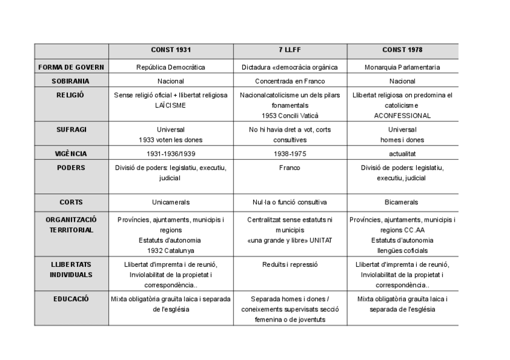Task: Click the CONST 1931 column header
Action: pyautogui.click(x=171, y=50)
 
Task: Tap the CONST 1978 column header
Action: pyautogui.click(x=402, y=50)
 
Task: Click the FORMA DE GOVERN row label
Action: pyautogui.click(x=71, y=67)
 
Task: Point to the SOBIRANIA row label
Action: pyautogui.click(x=71, y=81)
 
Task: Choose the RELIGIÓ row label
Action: pyautogui.click(x=71, y=95)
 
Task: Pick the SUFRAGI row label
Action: pyautogui.click(x=71, y=129)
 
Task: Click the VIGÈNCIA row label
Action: pyautogui.click(x=71, y=154)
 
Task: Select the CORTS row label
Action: pyautogui.click(x=71, y=202)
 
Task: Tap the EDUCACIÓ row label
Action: pyautogui.click(x=71, y=298)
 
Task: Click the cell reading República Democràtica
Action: pyautogui.click(x=171, y=67)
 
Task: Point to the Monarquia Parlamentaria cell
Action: pyautogui.click(x=402, y=67)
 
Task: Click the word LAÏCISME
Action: pyautogui.click(x=171, y=105)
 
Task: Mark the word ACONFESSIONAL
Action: pyautogui.click(x=402, y=115)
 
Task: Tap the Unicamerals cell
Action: pyautogui.click(x=171, y=202)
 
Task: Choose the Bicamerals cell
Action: pyautogui.click(x=402, y=202)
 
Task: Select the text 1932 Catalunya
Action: pyautogui.click(x=171, y=250)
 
